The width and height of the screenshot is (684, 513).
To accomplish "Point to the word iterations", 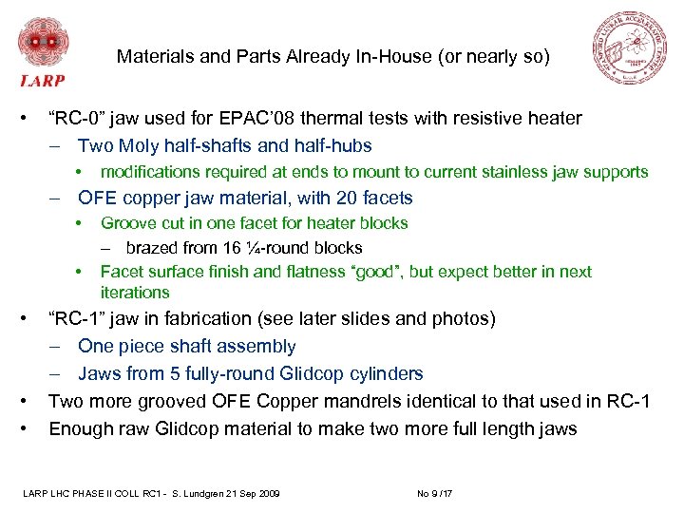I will click(x=135, y=293).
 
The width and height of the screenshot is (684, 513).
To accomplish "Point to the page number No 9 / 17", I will click(x=436, y=492).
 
